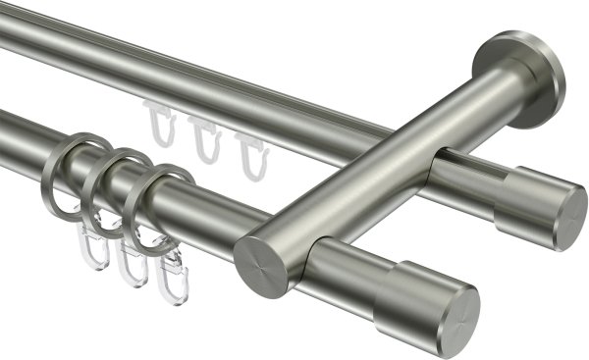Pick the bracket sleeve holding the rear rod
click(461, 180)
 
